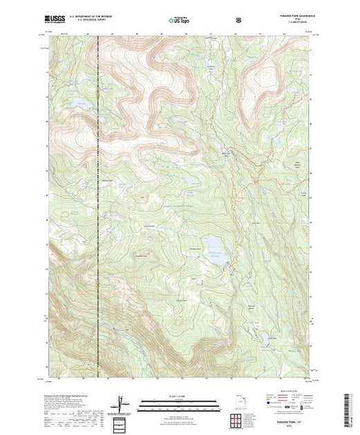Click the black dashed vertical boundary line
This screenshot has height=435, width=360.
click(98, 207)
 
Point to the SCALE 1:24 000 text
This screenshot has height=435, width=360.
click(180, 396)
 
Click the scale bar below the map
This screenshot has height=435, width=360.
click(180, 401)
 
